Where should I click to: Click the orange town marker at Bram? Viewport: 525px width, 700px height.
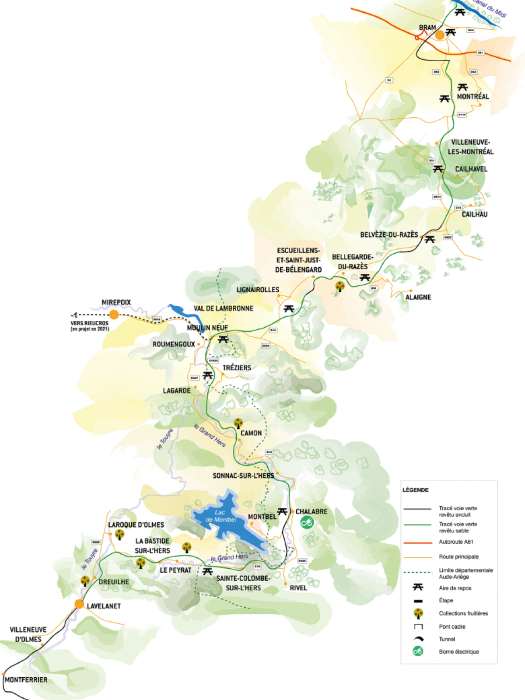pos(440,35)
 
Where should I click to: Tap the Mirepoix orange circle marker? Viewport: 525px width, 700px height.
pos(114,314)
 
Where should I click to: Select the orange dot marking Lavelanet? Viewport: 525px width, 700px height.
pos(79,604)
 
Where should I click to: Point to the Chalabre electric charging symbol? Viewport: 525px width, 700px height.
pos(307,522)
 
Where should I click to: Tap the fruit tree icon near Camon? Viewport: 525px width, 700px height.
pos(238,423)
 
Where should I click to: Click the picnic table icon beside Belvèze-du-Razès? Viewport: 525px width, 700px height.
pos(430,239)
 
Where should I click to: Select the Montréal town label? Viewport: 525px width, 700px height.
pos(472,96)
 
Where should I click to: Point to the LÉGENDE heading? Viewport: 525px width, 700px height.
pos(415,490)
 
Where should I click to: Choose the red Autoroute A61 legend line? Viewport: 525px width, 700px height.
pos(417,542)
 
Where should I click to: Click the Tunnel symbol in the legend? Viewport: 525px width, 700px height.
pos(418,639)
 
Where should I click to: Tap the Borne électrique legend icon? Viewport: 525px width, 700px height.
pos(418,651)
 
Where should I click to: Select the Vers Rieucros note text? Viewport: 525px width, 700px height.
pos(90,326)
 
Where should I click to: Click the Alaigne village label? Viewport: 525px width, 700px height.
pos(418,297)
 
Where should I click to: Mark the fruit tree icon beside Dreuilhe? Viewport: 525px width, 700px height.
pos(85,581)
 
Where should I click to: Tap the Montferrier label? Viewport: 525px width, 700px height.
pos(26,679)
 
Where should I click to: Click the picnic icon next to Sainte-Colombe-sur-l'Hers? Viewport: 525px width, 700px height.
pos(207,571)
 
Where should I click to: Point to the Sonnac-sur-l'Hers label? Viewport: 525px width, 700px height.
pos(243,476)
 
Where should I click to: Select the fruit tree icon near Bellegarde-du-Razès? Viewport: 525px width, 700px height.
pos(339,287)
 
